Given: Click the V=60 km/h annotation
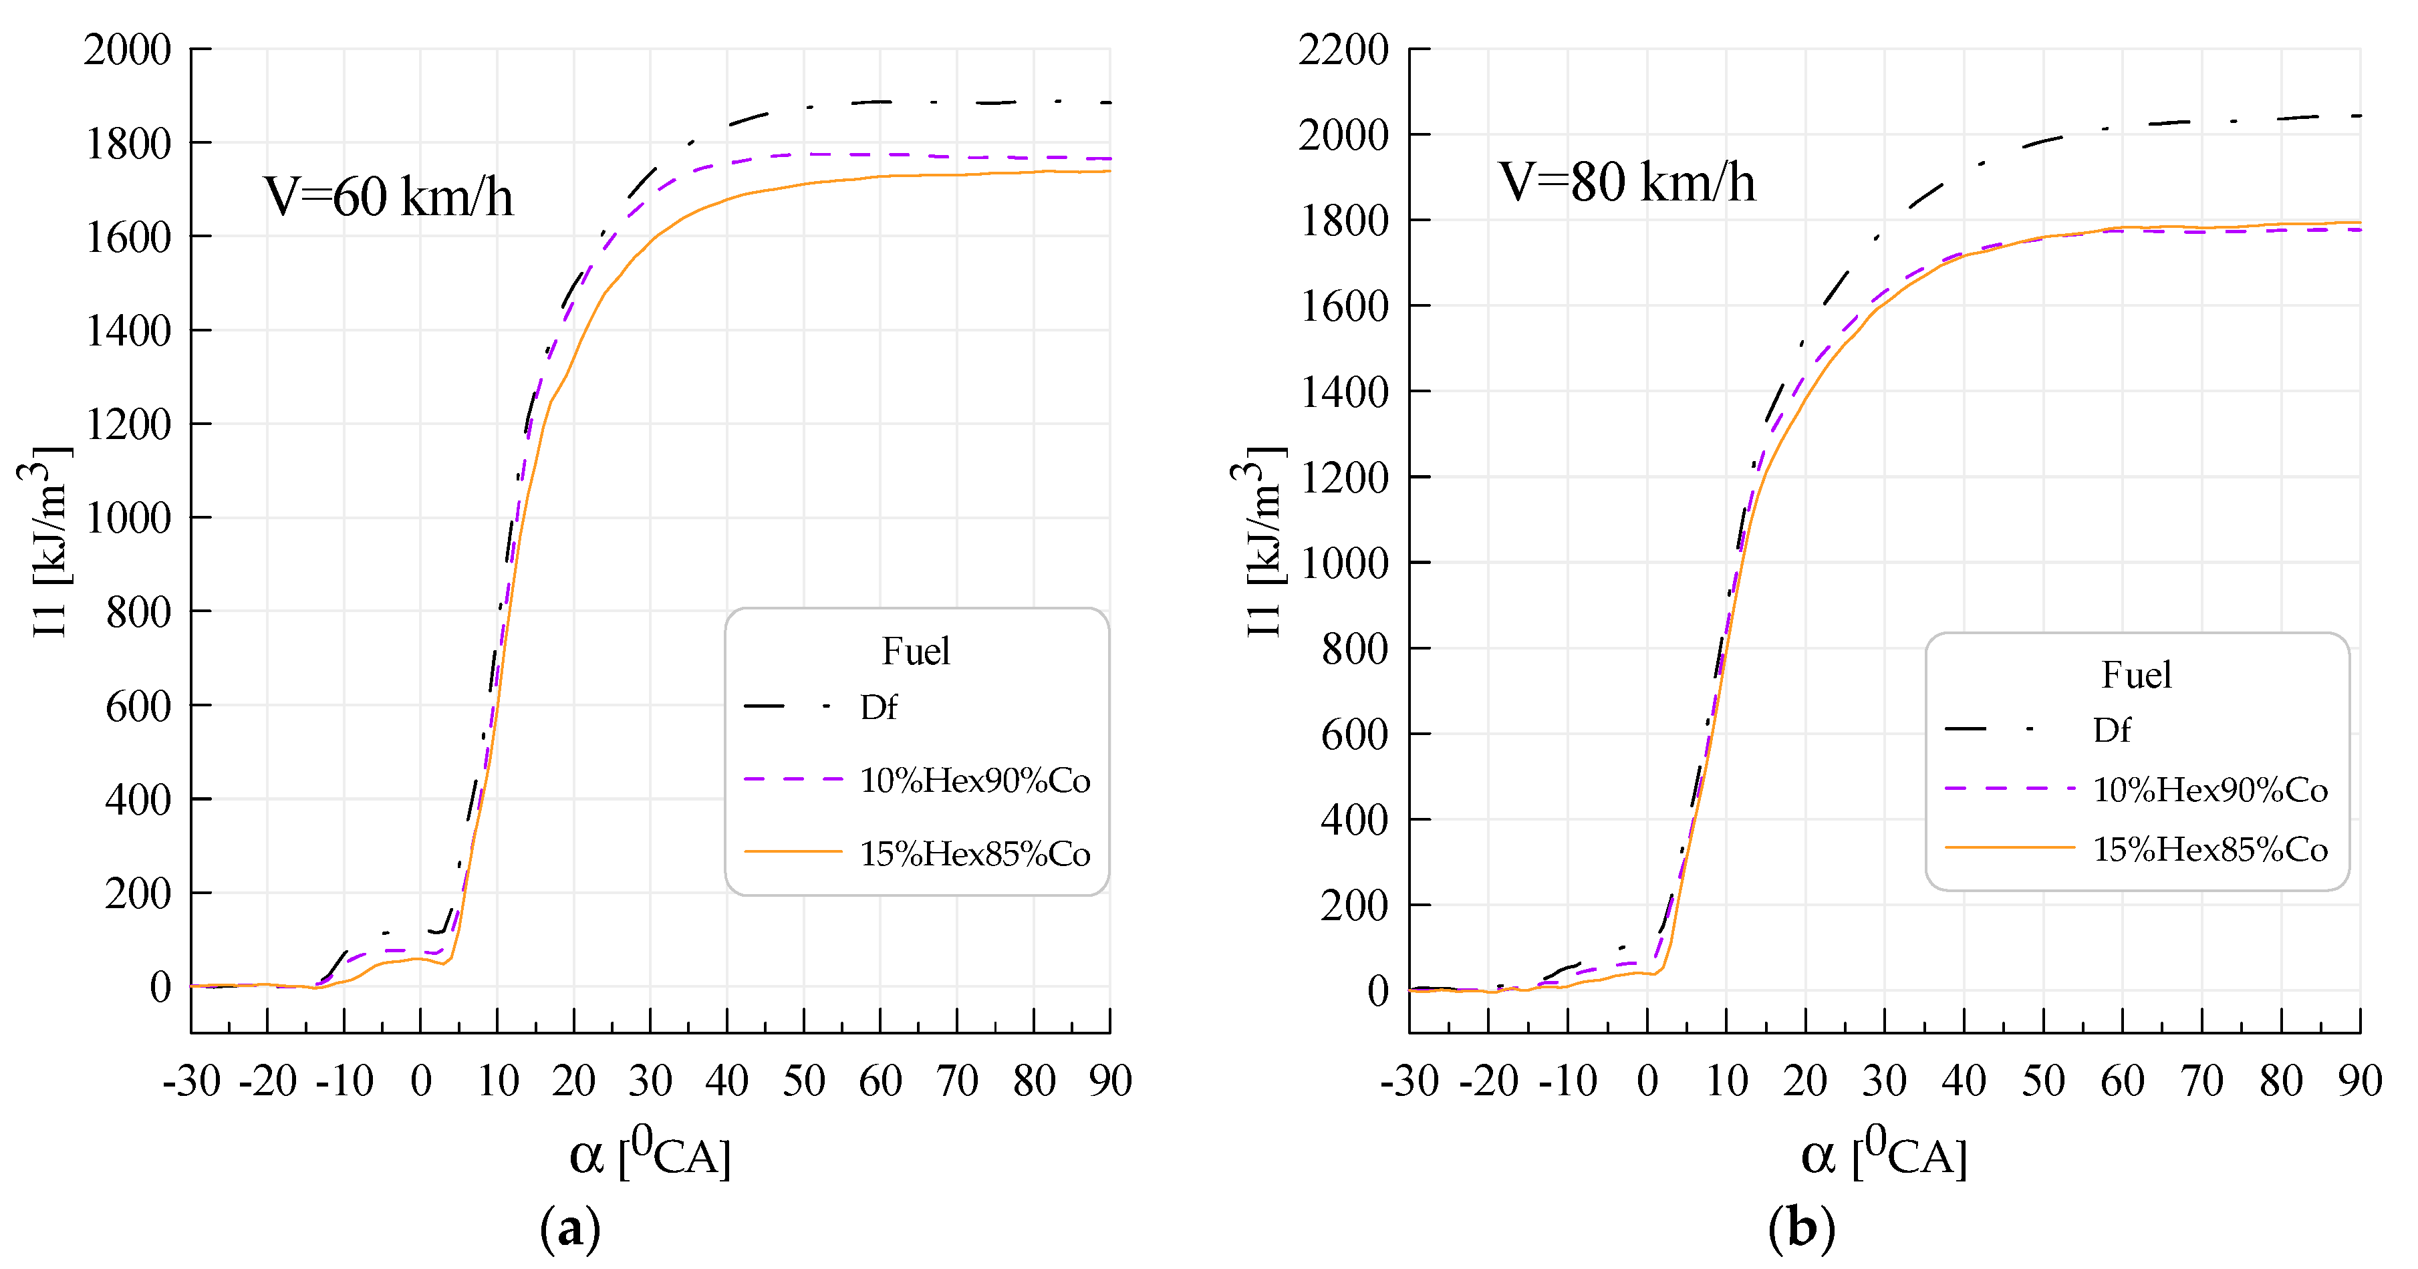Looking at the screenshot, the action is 388,197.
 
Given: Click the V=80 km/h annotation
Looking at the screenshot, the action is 1626,182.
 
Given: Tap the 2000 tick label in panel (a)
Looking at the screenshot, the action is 128,49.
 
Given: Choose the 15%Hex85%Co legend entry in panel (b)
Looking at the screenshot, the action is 2209,849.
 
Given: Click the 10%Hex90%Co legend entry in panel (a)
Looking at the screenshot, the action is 974,780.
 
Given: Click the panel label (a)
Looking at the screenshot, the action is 570,1228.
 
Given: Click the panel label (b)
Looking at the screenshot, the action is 1800,1228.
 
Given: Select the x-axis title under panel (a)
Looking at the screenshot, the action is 650,1153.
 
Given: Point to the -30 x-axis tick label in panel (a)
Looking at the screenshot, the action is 192,1081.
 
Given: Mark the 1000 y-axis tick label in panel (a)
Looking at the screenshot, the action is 128,518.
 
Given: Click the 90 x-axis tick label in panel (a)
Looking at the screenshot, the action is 1109,1081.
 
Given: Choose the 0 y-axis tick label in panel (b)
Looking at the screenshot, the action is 1377,991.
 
